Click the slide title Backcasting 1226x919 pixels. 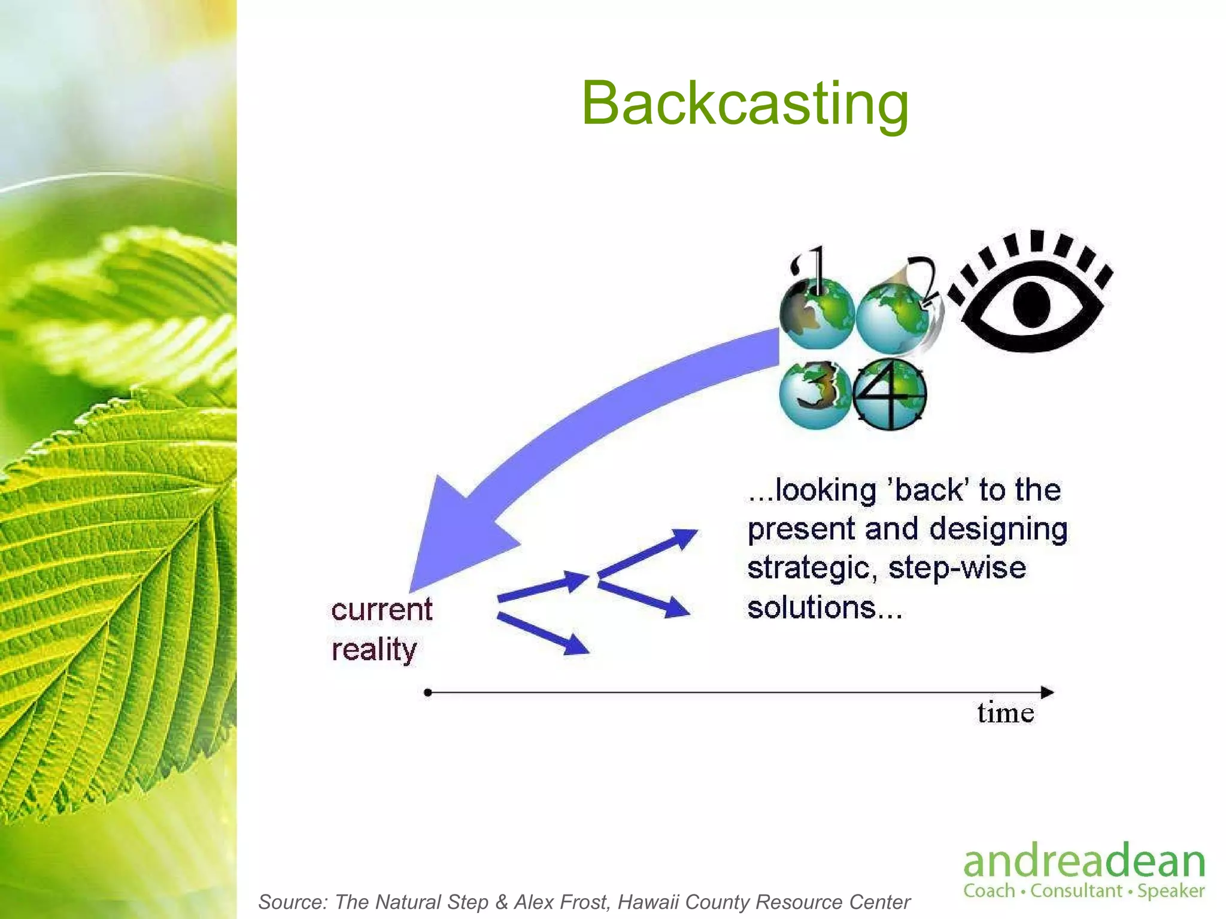745,103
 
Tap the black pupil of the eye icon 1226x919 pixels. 1031,303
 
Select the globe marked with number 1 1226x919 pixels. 817,314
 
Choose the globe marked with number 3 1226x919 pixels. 815,394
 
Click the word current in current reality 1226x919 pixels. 381,610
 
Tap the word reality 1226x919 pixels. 374,650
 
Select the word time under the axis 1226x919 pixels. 1005,713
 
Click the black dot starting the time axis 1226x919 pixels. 427,693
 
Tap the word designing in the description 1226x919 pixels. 998,529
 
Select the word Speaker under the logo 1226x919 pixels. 1170,891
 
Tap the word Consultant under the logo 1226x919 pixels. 1076,890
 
